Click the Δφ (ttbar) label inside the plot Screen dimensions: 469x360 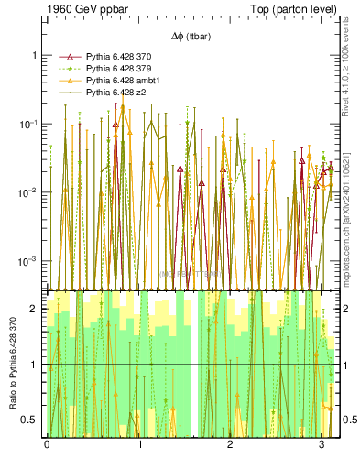190,37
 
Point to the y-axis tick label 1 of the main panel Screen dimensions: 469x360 34,55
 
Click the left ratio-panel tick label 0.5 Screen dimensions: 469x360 30,420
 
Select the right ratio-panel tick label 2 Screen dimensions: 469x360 347,309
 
